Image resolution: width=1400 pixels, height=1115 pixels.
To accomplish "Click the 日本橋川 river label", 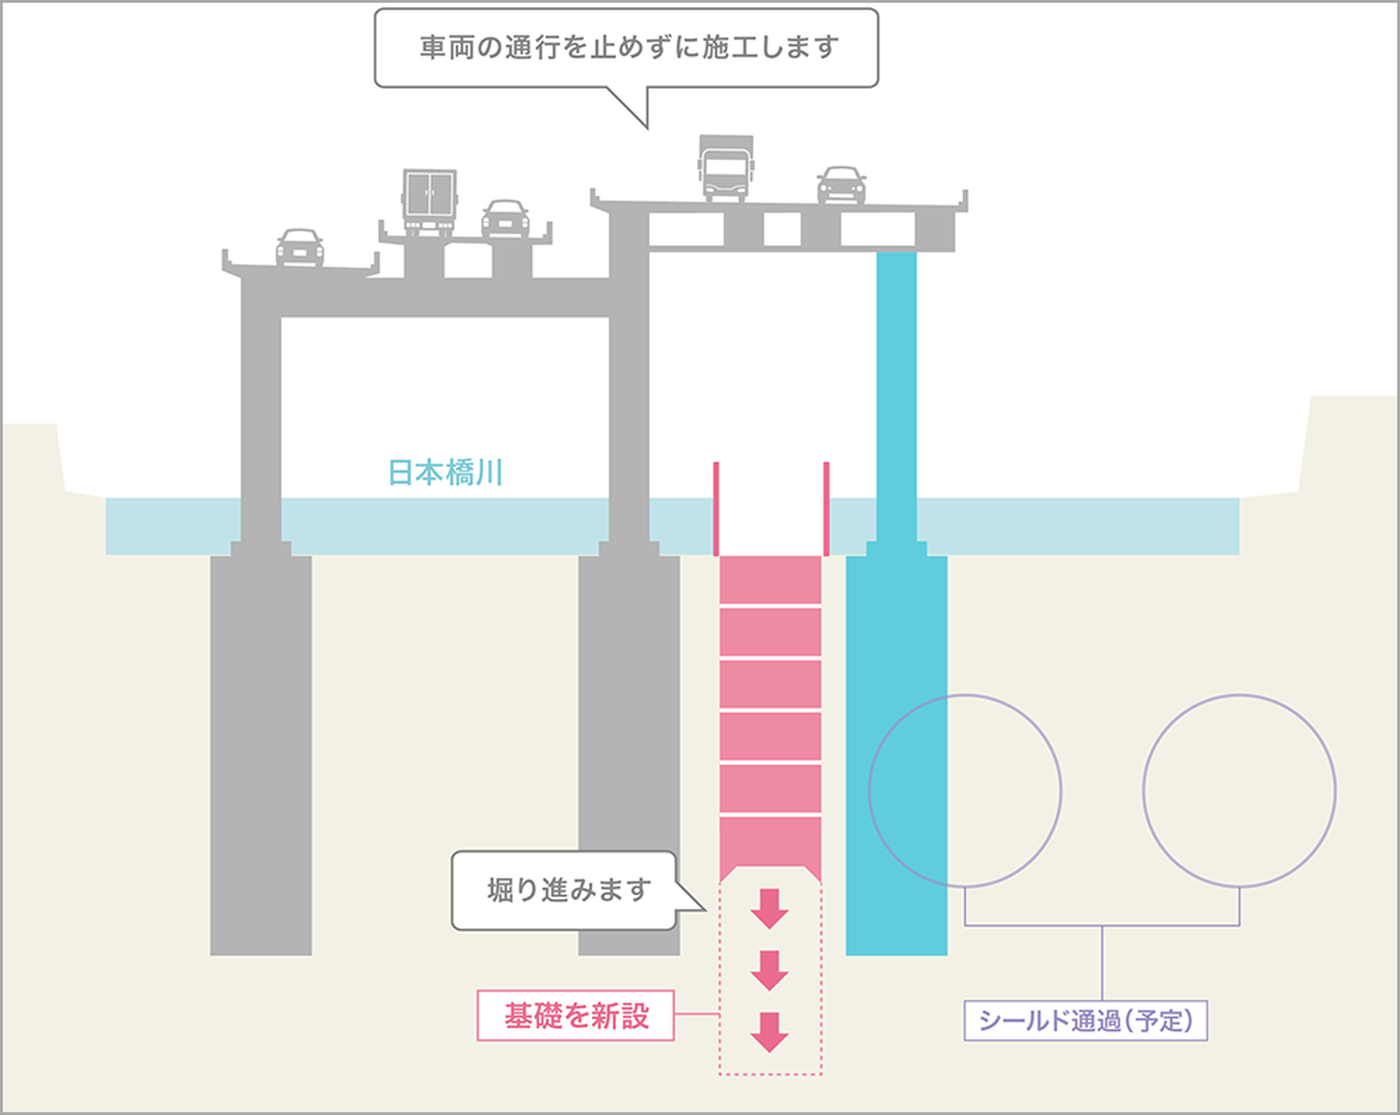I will tap(445, 473).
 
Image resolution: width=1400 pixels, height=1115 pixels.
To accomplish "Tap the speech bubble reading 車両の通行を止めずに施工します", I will tap(627, 48).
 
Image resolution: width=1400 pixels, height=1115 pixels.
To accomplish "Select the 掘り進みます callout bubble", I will tap(566, 890).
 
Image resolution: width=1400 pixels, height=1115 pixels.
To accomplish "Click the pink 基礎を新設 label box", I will tap(576, 1016).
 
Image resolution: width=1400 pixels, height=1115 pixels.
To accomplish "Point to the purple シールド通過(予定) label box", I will tap(1086, 1020).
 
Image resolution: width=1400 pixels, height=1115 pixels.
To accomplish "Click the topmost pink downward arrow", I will tap(769, 908).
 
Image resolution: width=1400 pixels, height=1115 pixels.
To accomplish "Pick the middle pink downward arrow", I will tap(769, 969).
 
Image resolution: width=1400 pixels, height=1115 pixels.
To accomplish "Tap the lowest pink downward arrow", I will tap(769, 1031).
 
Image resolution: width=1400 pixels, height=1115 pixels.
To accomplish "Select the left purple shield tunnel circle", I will tap(965, 791).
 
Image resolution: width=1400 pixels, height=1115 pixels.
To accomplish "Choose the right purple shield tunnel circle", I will tap(1239, 791).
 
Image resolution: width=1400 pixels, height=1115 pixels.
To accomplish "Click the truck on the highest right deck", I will tap(725, 168).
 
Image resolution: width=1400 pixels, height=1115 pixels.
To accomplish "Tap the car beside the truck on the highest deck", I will tap(841, 185).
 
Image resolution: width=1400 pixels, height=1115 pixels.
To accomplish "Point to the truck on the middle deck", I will tap(429, 203).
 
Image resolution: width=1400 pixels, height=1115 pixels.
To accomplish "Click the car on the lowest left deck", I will tap(300, 247).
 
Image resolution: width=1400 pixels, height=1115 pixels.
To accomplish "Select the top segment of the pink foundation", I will tap(770, 581).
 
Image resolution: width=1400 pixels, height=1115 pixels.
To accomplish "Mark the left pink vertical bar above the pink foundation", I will tap(716, 508).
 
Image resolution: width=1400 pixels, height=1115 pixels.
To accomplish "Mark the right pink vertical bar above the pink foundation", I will tap(826, 508).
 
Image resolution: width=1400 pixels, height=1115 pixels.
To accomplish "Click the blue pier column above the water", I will tap(897, 386).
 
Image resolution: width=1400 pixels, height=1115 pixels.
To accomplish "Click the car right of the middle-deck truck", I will tap(505, 219).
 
